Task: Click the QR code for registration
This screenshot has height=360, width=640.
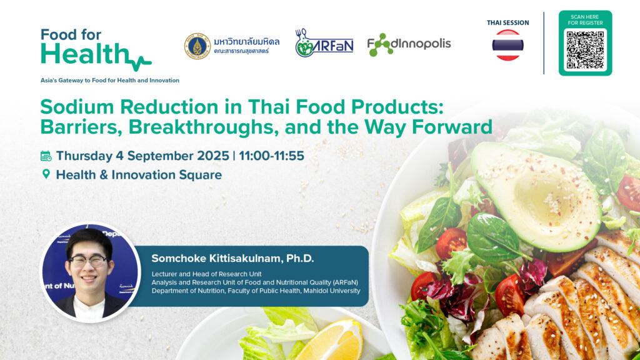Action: [585, 50]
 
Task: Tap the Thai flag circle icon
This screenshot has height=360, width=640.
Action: [507, 45]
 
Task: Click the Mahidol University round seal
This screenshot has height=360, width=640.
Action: [197, 46]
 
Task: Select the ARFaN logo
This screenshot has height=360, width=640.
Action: [324, 43]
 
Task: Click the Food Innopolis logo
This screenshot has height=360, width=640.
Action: [409, 44]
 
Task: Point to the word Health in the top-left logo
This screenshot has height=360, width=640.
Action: [85, 54]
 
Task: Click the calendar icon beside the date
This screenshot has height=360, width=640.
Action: [46, 156]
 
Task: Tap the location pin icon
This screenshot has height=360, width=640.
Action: [46, 174]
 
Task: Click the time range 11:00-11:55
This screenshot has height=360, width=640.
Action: [271, 156]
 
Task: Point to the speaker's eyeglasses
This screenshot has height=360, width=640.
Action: [88, 261]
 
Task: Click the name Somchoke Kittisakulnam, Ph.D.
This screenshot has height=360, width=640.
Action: [232, 258]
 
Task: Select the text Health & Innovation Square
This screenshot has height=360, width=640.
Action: [139, 175]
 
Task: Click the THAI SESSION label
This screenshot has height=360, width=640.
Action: [507, 23]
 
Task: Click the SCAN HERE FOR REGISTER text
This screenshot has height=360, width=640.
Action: [585, 20]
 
